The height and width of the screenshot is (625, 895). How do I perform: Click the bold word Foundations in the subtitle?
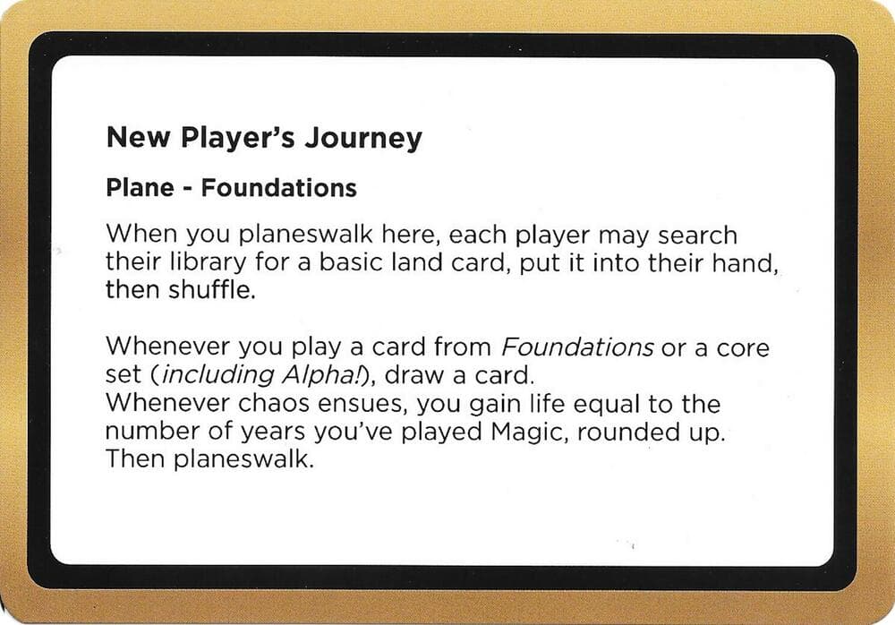(278, 188)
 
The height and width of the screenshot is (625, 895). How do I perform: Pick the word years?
(268, 432)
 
